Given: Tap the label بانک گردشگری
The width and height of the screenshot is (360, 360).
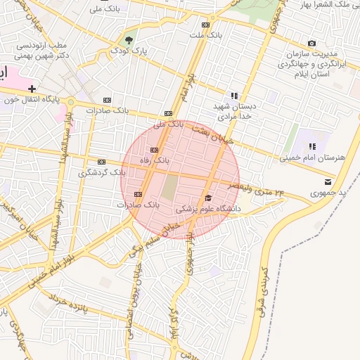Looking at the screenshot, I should pyautogui.click(x=103, y=172).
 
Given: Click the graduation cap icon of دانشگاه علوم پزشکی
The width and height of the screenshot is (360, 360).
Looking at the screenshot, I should pyautogui.click(x=207, y=199).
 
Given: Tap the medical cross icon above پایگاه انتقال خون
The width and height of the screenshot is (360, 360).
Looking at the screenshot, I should pyautogui.click(x=32, y=89).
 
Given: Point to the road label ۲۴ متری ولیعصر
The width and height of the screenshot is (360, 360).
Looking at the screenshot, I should pyautogui.click(x=261, y=190).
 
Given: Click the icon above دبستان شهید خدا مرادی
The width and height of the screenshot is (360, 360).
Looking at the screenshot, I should pyautogui.click(x=234, y=96).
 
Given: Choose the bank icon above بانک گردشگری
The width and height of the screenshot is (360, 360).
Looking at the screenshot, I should pyautogui.click(x=101, y=161).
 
